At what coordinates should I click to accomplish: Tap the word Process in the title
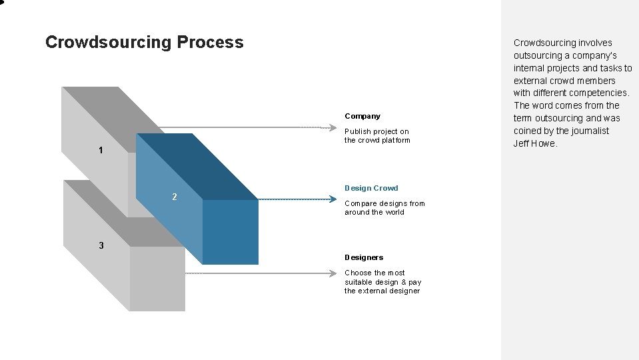coord(211,43)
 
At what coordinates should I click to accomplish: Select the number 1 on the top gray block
coord(101,151)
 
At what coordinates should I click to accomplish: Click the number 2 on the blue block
coord(175,197)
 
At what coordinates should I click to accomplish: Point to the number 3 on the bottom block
coord(101,245)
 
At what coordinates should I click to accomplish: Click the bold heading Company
coord(362,116)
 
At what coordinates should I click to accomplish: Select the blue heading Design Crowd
coord(371,188)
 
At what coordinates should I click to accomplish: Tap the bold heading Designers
coord(364,257)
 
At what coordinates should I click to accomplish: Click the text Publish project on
coord(376,131)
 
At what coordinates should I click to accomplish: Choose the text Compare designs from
coord(384,203)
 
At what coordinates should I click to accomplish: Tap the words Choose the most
coord(374,273)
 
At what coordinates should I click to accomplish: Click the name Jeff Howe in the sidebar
coord(535,143)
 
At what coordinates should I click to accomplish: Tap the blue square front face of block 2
coord(230,231)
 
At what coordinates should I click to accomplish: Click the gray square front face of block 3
coord(157,278)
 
